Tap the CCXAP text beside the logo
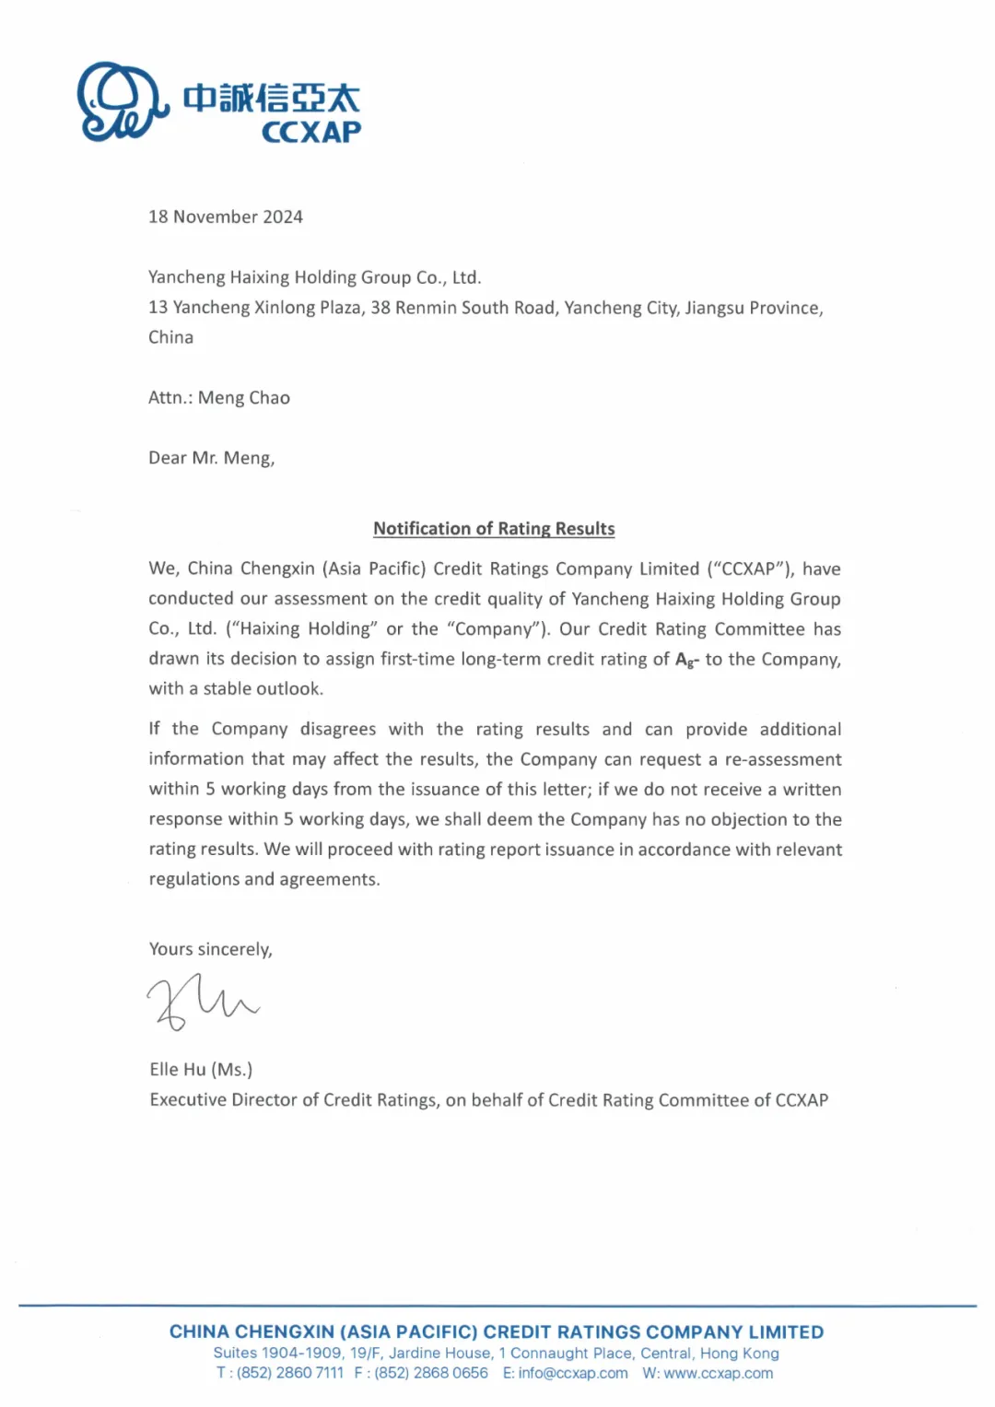coord(311,133)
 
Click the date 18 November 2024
coord(226,217)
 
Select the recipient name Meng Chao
coord(244,397)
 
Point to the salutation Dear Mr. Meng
coord(212,458)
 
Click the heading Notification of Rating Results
coord(494,529)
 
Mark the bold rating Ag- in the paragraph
coord(687,660)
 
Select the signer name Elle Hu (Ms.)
coord(201,1069)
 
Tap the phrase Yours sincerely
coord(211,949)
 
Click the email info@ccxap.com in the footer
coord(573,1373)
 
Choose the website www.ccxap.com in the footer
coord(719,1373)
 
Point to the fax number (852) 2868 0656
coord(431,1373)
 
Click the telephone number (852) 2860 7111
coord(290,1373)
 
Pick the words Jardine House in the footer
coord(439,1353)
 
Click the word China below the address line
coord(171,337)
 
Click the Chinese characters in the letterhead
coord(271,98)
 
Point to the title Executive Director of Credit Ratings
coord(294,1099)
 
